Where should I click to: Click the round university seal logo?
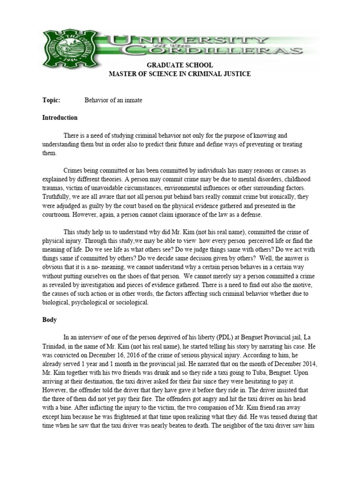(x=61, y=46)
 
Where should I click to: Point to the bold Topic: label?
(x=50, y=100)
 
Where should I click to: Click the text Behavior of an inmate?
(x=113, y=100)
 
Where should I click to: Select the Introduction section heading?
(x=60, y=118)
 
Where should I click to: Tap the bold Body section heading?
(x=49, y=320)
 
